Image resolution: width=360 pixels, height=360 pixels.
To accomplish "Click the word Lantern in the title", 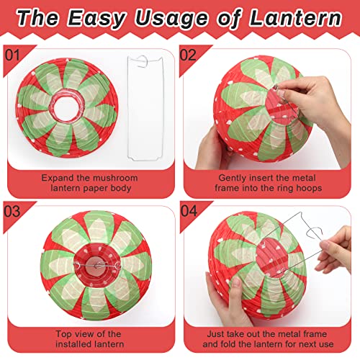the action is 296,18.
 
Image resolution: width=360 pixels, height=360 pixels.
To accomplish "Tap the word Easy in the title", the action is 96,19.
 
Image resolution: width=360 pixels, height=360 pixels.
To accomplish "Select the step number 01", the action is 12,55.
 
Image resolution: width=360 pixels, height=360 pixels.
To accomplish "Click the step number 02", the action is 188,55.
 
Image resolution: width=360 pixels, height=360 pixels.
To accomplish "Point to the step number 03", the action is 12,212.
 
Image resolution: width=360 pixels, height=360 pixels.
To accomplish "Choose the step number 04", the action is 189,211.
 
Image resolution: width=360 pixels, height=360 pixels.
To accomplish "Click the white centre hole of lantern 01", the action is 66,109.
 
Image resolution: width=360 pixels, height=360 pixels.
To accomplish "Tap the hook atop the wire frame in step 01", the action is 142,61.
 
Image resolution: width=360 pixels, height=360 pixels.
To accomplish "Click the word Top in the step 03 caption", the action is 63,334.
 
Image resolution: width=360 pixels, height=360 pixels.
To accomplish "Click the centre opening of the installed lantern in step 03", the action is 97,266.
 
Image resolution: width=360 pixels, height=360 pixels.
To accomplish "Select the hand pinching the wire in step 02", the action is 317,113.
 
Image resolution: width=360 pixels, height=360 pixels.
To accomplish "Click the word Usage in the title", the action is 171,19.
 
